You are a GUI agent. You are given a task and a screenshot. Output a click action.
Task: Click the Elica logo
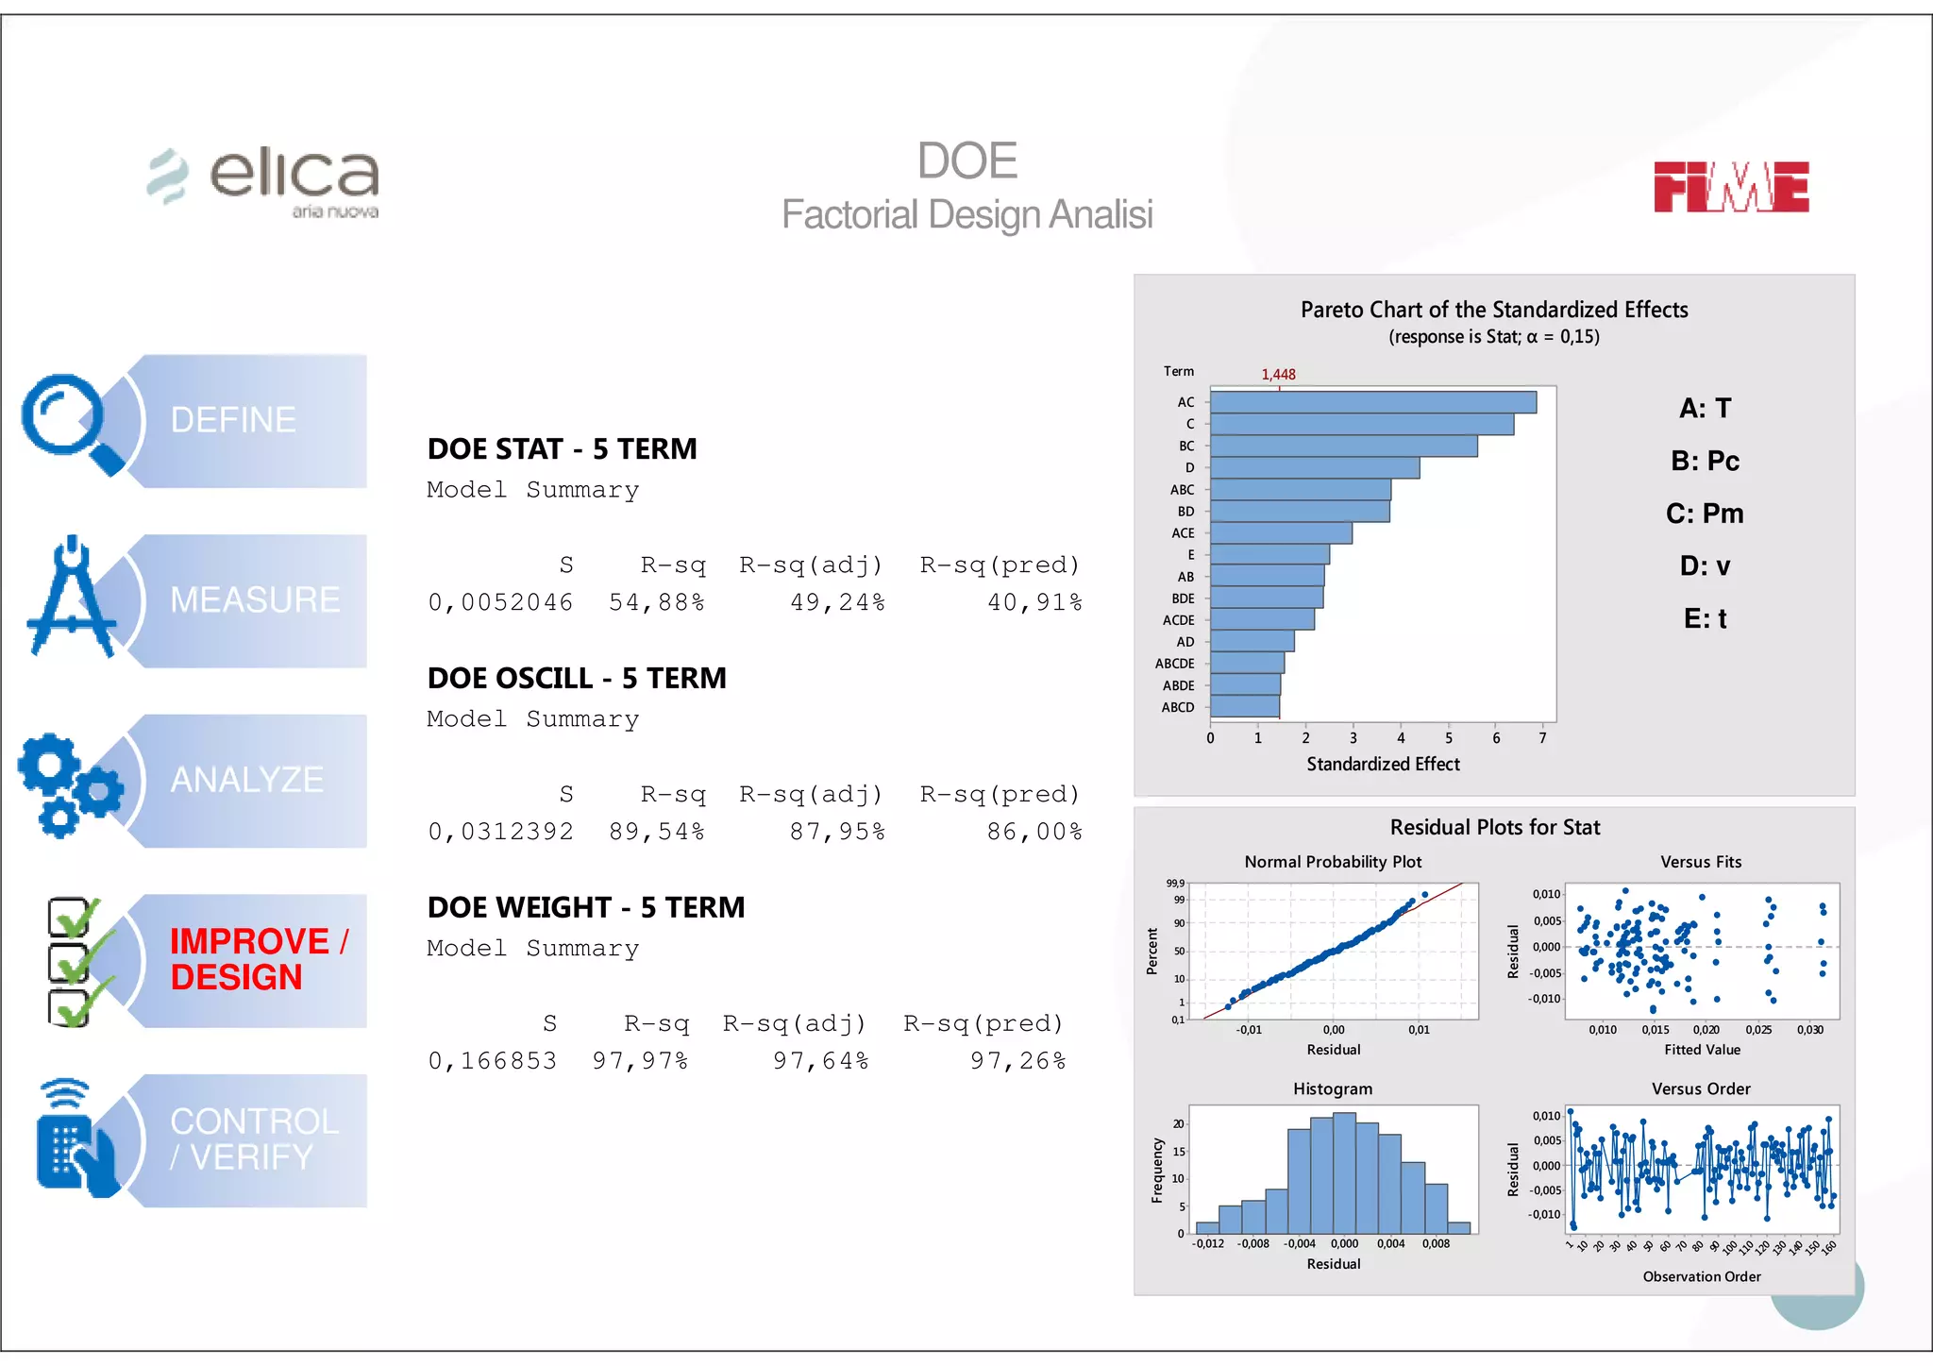[265, 180]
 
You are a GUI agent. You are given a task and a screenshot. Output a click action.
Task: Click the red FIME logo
[1730, 187]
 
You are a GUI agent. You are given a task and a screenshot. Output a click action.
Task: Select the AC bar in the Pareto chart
[1372, 402]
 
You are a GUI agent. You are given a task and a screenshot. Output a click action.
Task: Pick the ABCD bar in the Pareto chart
[1244, 707]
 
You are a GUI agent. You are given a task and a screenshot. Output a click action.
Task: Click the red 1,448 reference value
[1278, 375]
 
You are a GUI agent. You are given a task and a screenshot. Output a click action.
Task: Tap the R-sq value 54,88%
[656, 602]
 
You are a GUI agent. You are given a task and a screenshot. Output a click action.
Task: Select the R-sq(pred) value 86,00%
[1034, 832]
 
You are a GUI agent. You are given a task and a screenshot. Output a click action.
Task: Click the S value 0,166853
[492, 1061]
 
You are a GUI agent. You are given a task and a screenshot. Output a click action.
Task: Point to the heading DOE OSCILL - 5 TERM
[577, 678]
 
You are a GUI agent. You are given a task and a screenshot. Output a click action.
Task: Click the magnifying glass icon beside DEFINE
[71, 422]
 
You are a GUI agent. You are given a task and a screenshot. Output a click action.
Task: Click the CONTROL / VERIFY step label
[254, 1139]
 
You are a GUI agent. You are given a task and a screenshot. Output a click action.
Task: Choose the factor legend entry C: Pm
[1705, 514]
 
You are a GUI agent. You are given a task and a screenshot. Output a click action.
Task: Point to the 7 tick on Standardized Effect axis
[1542, 738]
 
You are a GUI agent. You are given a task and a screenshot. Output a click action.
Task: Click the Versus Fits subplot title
[1701, 862]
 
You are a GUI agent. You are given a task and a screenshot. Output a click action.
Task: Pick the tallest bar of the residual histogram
[1344, 1172]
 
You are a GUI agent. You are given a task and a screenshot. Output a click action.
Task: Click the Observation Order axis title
[1701, 1276]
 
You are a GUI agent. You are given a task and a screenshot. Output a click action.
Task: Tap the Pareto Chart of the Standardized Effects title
[1493, 310]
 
